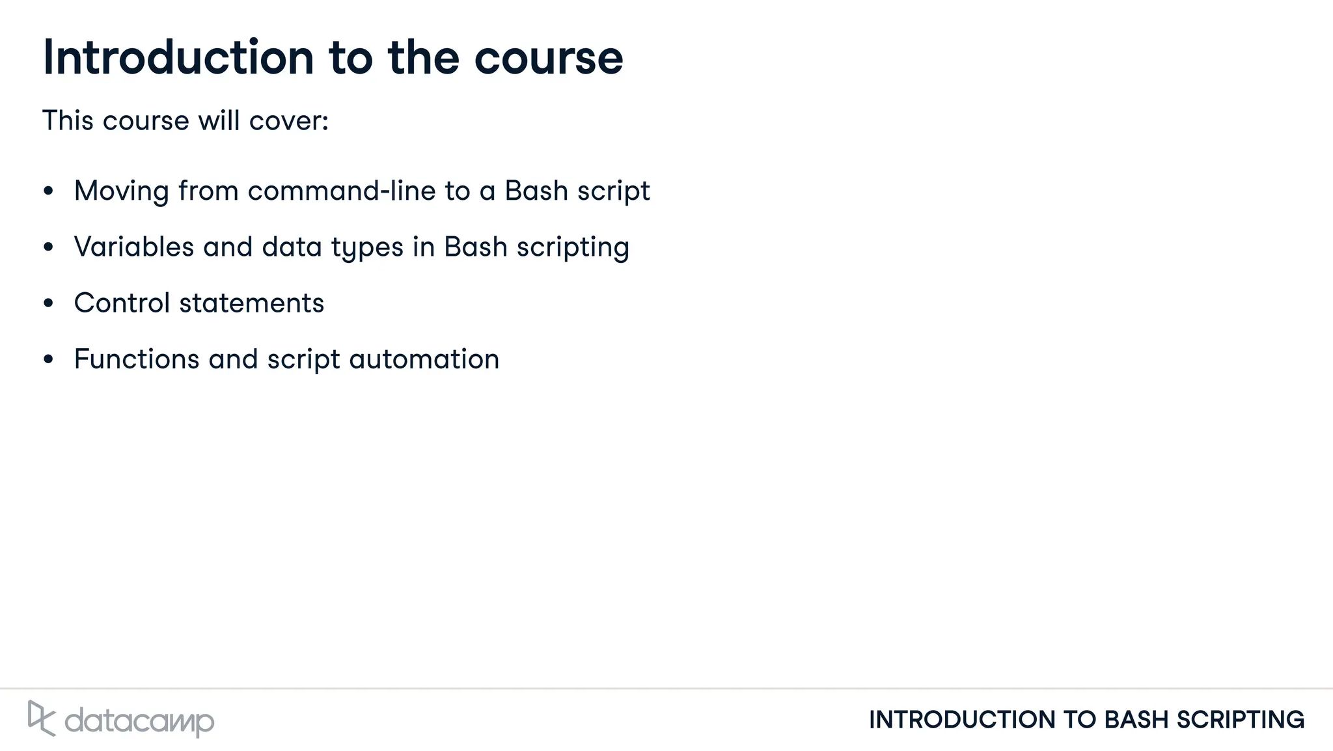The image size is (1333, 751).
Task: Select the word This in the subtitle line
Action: pyautogui.click(x=68, y=120)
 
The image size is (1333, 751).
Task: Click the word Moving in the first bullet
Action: pyautogui.click(x=122, y=191)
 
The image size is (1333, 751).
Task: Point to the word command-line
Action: pyautogui.click(x=341, y=191)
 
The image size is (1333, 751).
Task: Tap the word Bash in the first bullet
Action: pyautogui.click(x=536, y=191)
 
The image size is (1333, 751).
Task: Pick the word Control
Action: pyautogui.click(x=122, y=303)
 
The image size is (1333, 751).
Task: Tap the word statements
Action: pyautogui.click(x=251, y=303)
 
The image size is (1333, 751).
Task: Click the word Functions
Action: pyautogui.click(x=137, y=359)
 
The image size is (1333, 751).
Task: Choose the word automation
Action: pyautogui.click(x=424, y=359)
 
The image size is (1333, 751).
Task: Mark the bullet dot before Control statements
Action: pyautogui.click(x=48, y=303)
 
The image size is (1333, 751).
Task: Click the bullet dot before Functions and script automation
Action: pyautogui.click(x=48, y=359)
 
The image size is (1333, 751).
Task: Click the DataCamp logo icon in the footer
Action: pyautogui.click(x=41, y=718)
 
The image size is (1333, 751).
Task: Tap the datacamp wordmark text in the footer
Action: pyautogui.click(x=139, y=721)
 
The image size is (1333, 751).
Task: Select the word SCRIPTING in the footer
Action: pyautogui.click(x=1240, y=720)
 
